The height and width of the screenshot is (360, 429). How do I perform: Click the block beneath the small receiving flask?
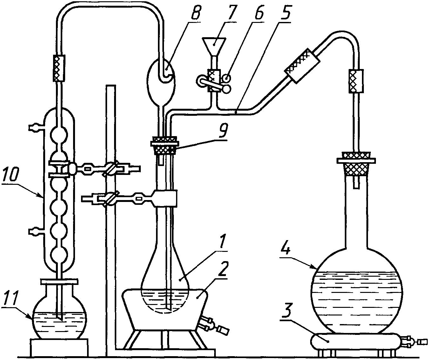[x=59, y=348]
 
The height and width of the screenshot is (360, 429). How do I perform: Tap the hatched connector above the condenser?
[x=59, y=67]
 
